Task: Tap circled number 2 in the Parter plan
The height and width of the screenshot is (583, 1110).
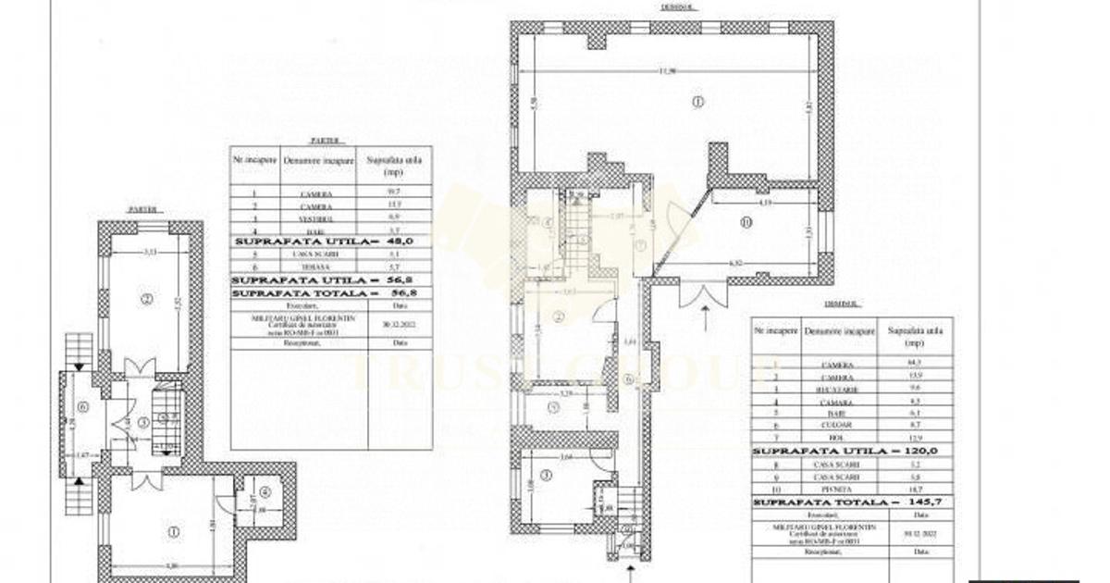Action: (145, 298)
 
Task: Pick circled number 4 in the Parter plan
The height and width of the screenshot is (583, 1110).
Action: (265, 492)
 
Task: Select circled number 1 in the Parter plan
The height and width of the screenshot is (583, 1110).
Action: (172, 532)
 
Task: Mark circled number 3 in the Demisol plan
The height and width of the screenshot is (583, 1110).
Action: (546, 476)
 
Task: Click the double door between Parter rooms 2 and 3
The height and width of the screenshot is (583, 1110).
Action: (139, 368)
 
